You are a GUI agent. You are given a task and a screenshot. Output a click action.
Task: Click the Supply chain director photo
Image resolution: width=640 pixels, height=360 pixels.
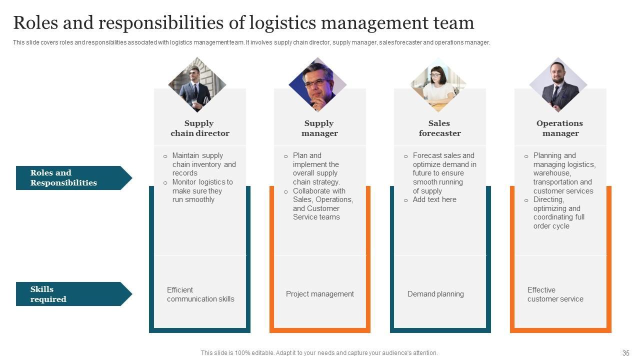197,85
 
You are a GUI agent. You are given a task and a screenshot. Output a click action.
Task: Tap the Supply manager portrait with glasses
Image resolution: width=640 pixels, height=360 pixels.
317,85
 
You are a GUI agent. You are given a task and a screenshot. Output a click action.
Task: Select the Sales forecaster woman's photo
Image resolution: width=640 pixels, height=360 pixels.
438,85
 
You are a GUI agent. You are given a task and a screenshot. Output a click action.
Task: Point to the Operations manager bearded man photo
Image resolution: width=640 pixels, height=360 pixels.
558,85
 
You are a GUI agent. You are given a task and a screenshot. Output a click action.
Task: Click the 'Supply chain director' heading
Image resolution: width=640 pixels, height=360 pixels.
199,128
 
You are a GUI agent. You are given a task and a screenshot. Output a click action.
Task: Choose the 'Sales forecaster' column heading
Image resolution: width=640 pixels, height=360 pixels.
439,128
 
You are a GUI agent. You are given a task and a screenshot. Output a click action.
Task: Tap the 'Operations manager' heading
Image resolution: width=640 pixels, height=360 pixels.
560,128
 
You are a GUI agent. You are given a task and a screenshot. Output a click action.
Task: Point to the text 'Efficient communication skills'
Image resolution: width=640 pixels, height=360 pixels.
200,294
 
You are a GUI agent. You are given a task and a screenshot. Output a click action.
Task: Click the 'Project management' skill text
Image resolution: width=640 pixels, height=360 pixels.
319,294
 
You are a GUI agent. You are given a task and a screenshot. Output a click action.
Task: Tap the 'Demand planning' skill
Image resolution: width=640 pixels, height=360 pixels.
435,294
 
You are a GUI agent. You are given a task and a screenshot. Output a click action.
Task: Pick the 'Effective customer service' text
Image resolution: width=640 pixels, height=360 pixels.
555,294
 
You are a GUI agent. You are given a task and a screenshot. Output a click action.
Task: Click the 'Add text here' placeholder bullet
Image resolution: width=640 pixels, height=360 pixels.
434,199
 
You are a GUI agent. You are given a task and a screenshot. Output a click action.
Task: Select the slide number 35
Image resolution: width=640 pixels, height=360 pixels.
625,353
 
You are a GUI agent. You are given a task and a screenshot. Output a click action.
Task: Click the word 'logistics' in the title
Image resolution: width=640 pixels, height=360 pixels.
281,23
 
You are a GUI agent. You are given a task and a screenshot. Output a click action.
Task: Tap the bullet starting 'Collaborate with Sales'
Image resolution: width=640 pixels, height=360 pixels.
322,204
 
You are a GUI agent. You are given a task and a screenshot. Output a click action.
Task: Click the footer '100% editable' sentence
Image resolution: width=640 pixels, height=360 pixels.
319,353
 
